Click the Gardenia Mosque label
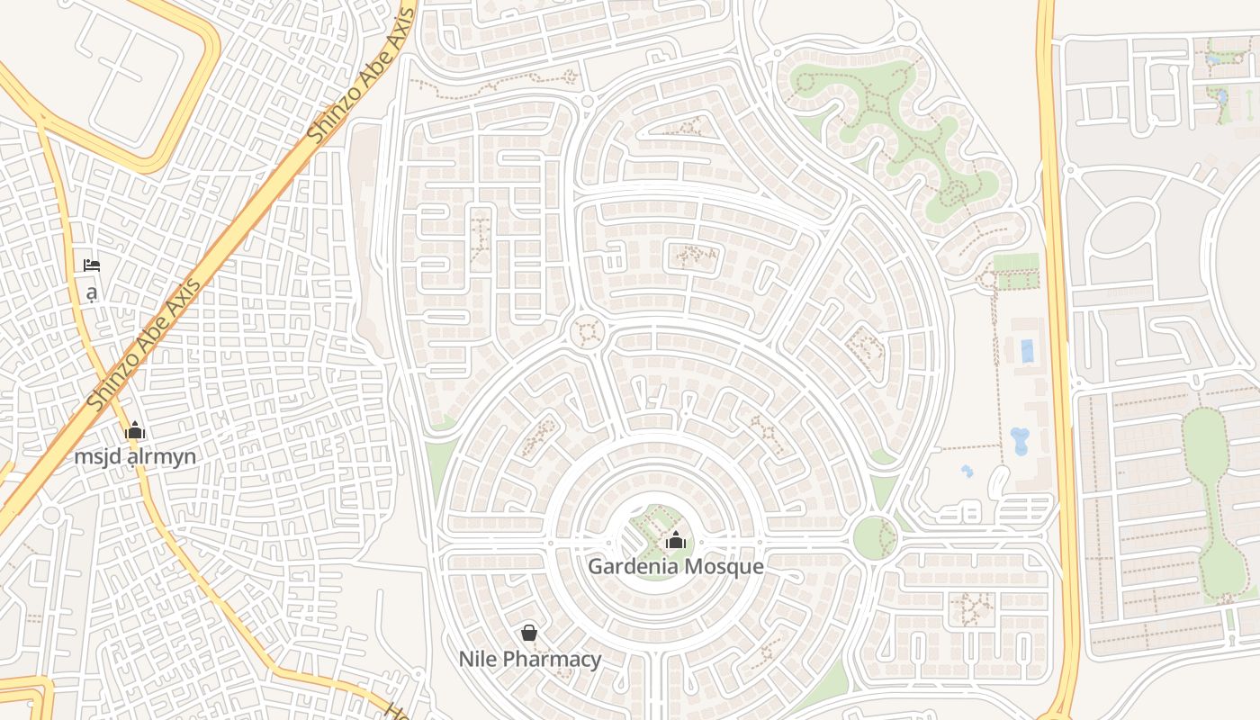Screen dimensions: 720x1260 676,567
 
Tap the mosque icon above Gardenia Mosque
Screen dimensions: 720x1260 676,540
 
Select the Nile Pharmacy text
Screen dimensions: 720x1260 530,659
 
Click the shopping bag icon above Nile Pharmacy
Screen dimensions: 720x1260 530,633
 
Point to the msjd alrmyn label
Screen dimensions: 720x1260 135,456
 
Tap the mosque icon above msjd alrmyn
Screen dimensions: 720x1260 135,431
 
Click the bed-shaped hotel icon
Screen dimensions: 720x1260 92,265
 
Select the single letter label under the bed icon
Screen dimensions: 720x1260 91,292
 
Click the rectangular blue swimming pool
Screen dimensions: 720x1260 1027,351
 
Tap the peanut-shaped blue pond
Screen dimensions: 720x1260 1021,439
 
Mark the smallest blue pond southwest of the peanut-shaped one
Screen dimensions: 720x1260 967,471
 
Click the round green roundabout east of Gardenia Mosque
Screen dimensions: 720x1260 874,538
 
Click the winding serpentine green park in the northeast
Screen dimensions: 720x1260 900,135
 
